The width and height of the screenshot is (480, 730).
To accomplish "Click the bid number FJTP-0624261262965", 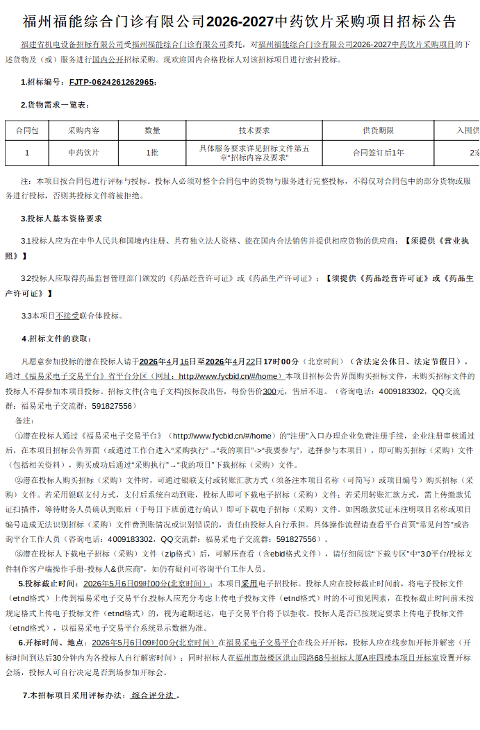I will pyautogui.click(x=111, y=82).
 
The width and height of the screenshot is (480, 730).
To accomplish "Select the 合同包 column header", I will pyautogui.click(x=27, y=130).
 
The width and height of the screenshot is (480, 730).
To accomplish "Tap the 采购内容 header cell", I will pyautogui.click(x=83, y=130).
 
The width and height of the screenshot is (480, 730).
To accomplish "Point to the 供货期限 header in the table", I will pyautogui.click(x=378, y=130).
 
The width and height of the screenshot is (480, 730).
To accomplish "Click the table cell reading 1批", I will pyautogui.click(x=152, y=152).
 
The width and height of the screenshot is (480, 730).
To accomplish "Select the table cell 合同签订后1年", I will pyautogui.click(x=378, y=152).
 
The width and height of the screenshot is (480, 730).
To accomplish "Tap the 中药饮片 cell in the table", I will pyautogui.click(x=83, y=152).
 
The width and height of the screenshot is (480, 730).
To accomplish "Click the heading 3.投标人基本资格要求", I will pyautogui.click(x=62, y=219).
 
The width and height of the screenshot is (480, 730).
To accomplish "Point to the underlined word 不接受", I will pyautogui.click(x=67, y=316).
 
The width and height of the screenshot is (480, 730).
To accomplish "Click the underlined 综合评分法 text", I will pyautogui.click(x=154, y=695).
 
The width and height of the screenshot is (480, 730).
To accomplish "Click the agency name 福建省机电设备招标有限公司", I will pyautogui.click(x=72, y=44).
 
